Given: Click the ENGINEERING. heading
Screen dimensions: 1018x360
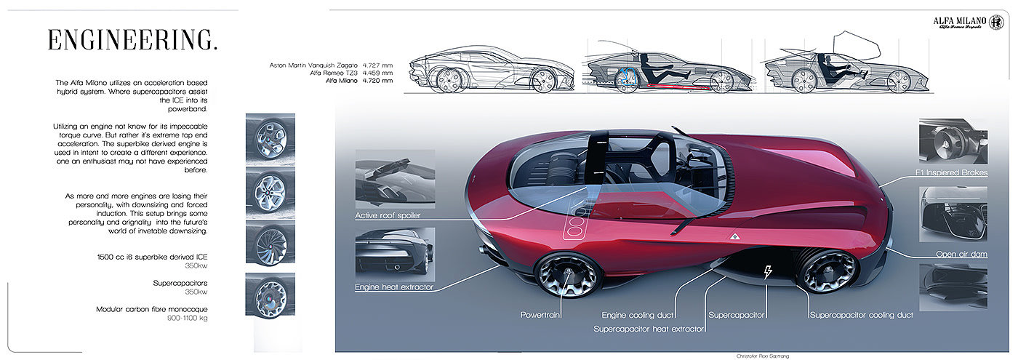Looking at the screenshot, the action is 132,40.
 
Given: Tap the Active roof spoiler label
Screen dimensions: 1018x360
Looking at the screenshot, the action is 388,215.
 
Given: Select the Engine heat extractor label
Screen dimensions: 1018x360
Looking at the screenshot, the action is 393,287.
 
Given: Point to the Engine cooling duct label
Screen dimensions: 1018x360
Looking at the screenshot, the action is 638,315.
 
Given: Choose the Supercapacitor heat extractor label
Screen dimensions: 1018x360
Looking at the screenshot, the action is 649,329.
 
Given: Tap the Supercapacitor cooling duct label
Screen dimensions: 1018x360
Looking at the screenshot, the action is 861,315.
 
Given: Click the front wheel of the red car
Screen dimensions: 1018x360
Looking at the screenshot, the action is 828,270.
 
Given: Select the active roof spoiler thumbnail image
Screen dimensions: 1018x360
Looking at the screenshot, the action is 395,178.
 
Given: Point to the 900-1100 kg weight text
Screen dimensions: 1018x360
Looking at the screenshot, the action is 183,319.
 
